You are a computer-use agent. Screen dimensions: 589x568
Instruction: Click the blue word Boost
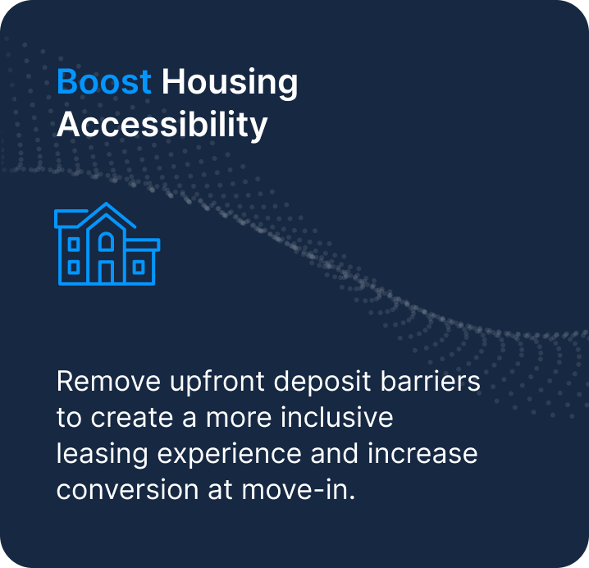click(104, 81)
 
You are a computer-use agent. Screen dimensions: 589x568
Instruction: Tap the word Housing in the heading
click(230, 84)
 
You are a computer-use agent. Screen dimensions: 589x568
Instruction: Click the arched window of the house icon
click(106, 241)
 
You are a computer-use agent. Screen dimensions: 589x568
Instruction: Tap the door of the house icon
click(106, 272)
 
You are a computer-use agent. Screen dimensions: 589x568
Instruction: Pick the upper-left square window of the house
click(74, 245)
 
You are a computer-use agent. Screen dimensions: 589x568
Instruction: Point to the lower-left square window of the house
click(74, 268)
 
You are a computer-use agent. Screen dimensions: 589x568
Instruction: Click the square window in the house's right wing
click(139, 268)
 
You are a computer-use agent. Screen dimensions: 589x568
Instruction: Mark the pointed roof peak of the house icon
click(106, 204)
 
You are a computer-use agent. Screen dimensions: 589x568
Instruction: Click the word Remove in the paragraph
click(108, 381)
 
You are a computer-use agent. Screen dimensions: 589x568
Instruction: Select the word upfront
click(217, 383)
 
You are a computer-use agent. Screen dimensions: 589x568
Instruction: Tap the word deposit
click(322, 383)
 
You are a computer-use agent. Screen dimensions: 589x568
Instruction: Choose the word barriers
click(430, 381)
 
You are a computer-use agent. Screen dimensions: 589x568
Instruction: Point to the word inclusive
click(337, 417)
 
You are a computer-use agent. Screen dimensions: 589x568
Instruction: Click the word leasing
click(103, 455)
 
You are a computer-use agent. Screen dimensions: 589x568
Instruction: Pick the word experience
click(229, 455)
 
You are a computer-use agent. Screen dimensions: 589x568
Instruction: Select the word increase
click(422, 453)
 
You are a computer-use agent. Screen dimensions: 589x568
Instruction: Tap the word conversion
click(127, 489)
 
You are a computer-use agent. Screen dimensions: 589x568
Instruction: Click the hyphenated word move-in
click(299, 489)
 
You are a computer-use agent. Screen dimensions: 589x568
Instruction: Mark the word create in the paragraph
click(131, 417)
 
